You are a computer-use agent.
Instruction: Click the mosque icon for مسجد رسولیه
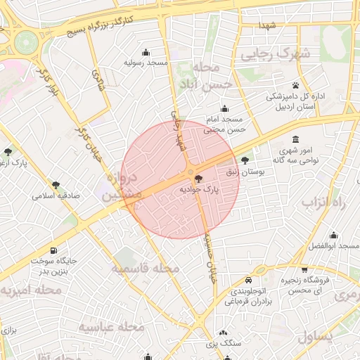[146, 52]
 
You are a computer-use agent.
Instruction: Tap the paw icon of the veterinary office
[295, 85]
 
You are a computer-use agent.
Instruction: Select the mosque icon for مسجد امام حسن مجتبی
[224, 109]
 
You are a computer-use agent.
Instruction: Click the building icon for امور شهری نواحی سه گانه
[295, 139]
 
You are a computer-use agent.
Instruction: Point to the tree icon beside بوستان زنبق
[245, 161]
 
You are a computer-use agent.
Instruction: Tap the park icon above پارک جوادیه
[198, 179]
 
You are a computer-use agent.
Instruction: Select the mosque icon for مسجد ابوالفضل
[333, 236]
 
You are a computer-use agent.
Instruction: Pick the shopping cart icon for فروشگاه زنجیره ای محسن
[304, 269]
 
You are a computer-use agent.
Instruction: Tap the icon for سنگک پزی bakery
[223, 333]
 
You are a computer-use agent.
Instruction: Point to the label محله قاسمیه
[146, 269]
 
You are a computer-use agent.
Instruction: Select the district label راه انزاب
[325, 202]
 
